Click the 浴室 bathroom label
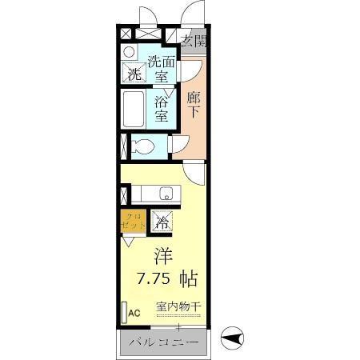pyautogui.click(x=162, y=110)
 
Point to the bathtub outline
pyautogui.click(x=134, y=109)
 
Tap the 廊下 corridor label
pyautogui.click(x=194, y=105)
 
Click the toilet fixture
pyautogui.click(x=143, y=146)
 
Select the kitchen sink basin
pyautogui.click(x=166, y=193)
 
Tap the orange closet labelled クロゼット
pyautogui.click(x=134, y=221)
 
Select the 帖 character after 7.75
pyautogui.click(x=189, y=280)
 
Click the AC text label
pyautogui.click(x=134, y=313)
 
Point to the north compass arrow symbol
pyautogui.click(x=231, y=340)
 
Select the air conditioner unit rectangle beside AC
pyautogui.click(x=123, y=310)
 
